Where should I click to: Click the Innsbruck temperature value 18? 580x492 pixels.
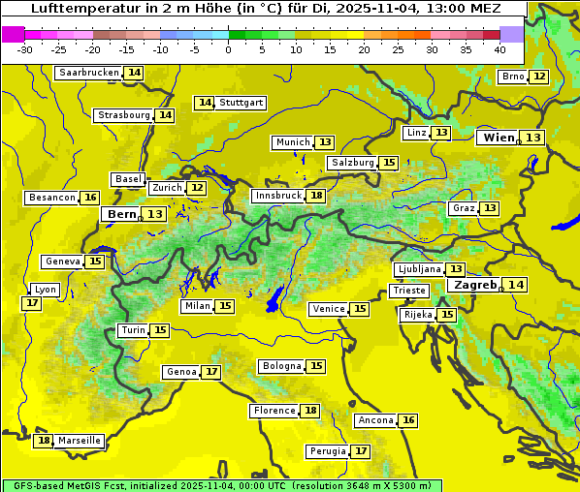[x=316, y=196]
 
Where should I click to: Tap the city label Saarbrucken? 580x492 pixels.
[x=88, y=73]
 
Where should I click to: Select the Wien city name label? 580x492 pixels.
[x=499, y=138]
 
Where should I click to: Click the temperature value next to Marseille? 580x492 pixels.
[x=44, y=441]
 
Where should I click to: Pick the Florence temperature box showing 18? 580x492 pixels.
[x=310, y=411]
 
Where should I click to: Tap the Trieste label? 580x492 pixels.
[x=407, y=291]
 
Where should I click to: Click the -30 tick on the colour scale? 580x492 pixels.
[x=25, y=49]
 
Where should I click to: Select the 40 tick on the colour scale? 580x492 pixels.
[x=499, y=49]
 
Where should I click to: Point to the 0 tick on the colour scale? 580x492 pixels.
[x=229, y=49]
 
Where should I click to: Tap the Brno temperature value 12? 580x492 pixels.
[x=539, y=77]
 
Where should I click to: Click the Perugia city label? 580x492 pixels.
[x=326, y=451]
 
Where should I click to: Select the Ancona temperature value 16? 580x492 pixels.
[x=408, y=420]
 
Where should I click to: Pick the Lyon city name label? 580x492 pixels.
[x=46, y=290]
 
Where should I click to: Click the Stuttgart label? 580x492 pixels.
[x=242, y=103]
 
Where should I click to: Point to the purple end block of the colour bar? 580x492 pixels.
[x=511, y=34]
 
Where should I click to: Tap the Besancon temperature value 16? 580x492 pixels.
[x=90, y=198]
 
